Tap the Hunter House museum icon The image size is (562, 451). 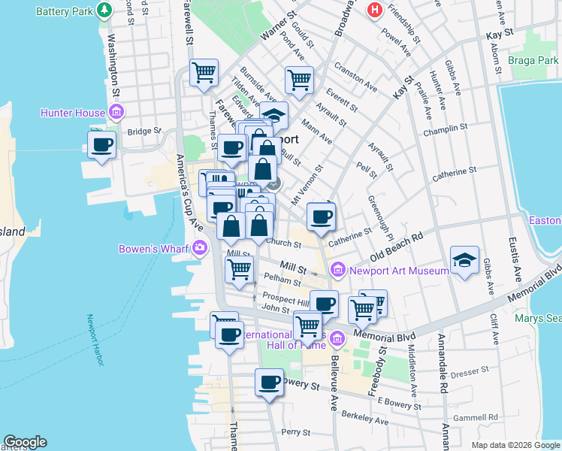click(x=116, y=114)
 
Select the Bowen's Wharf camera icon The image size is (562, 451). click(x=200, y=247)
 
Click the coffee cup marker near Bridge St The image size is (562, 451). click(x=102, y=144)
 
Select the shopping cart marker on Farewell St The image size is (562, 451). click(x=204, y=74)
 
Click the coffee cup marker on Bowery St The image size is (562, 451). click(x=269, y=383)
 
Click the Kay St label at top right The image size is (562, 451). click(x=499, y=35)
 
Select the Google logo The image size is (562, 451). click(x=25, y=441)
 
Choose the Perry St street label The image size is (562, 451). click(x=295, y=432)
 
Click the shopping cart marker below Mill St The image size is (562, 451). click(x=239, y=269)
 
